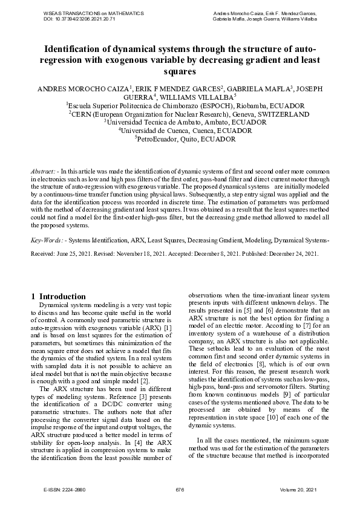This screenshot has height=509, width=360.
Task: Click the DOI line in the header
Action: pos(80,19)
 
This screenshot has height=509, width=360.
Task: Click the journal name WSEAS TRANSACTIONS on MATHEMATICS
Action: pos(94,13)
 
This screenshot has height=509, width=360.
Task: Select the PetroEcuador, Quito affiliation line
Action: pos(180,138)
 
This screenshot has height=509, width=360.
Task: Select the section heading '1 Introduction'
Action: pos(58,296)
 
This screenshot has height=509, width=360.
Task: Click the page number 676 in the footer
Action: pos(180,488)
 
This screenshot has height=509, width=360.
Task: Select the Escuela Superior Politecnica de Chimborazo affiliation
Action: pos(180,104)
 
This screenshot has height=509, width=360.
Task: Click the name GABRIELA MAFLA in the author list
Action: pos(260,88)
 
